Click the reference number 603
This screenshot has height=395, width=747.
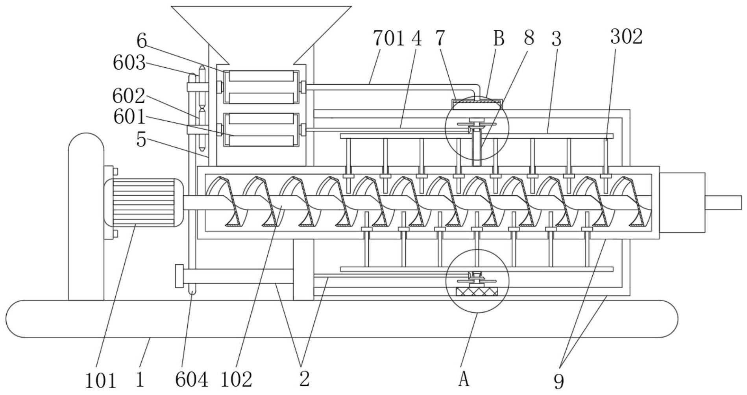point(129,63)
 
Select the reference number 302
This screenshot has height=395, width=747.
point(626,37)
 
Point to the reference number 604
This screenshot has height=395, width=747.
point(192,380)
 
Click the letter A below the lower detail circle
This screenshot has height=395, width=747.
point(464,380)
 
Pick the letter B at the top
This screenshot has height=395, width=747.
point(499,39)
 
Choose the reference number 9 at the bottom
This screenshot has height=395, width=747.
point(559,381)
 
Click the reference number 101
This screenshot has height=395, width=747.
point(101,381)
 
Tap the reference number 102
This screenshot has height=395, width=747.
point(236,380)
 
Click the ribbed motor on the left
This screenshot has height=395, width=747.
point(143,202)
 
